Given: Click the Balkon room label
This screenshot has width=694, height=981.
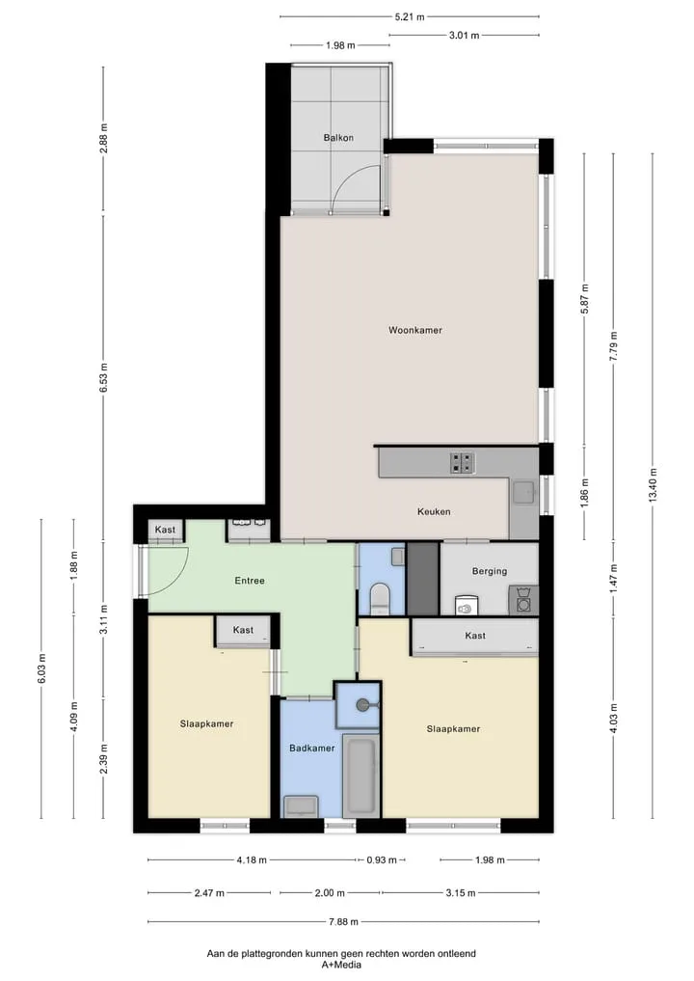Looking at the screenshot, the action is (x=338, y=138).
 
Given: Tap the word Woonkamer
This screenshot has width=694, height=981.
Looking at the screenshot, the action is (x=415, y=330).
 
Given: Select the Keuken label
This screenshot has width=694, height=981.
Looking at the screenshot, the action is (x=434, y=511).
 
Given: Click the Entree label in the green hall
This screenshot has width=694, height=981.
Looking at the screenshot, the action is (x=250, y=581).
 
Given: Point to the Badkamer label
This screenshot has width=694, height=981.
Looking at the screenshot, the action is (x=312, y=748).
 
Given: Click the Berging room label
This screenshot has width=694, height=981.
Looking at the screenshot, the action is (x=490, y=571).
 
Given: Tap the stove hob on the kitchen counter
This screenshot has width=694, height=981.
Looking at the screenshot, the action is (x=462, y=463).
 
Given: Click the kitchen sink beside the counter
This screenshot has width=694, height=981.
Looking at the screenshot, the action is (x=523, y=493).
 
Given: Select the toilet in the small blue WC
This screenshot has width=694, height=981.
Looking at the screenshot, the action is (x=380, y=597).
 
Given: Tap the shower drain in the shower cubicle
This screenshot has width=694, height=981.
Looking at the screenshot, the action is (x=362, y=705).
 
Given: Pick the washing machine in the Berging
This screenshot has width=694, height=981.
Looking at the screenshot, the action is (x=522, y=600).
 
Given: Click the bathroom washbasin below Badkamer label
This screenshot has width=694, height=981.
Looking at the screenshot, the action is (x=302, y=805).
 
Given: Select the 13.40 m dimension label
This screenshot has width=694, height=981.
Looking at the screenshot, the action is (x=653, y=485).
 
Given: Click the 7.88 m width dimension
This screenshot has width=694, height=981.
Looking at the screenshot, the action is (x=344, y=921).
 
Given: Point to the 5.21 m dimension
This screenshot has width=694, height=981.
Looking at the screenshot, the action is (x=410, y=17).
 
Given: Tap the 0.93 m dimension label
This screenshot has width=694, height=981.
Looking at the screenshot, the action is (x=382, y=860).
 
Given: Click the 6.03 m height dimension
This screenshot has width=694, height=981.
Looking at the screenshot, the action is (x=41, y=668).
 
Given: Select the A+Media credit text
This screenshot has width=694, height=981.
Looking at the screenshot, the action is (x=341, y=965).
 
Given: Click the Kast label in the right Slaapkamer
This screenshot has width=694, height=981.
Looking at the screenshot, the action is (x=475, y=636).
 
